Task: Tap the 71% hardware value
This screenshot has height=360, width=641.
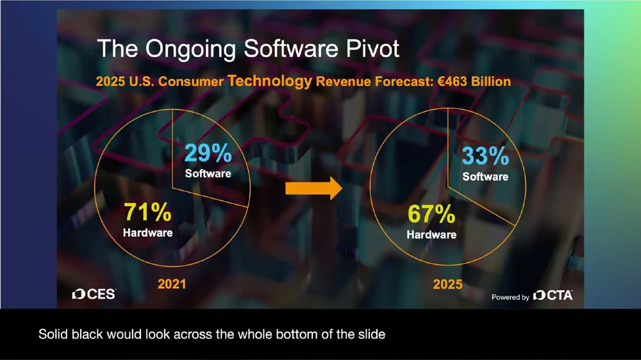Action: (x=147, y=212)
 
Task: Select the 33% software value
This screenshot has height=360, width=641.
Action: (x=485, y=157)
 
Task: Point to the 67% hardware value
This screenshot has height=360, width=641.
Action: (x=431, y=215)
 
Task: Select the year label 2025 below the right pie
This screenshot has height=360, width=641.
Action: (x=447, y=284)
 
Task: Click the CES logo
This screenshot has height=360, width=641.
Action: (x=94, y=294)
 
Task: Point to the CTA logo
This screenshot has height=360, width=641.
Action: (x=553, y=295)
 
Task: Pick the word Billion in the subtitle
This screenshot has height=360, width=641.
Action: (x=489, y=82)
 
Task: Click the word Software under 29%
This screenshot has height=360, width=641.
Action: (x=208, y=173)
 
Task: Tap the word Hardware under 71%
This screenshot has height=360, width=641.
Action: (x=147, y=232)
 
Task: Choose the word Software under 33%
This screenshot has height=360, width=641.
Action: (x=485, y=176)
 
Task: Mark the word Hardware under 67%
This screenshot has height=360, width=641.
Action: (x=431, y=234)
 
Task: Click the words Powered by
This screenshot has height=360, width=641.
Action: (x=510, y=297)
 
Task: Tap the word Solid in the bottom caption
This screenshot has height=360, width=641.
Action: (x=52, y=334)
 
